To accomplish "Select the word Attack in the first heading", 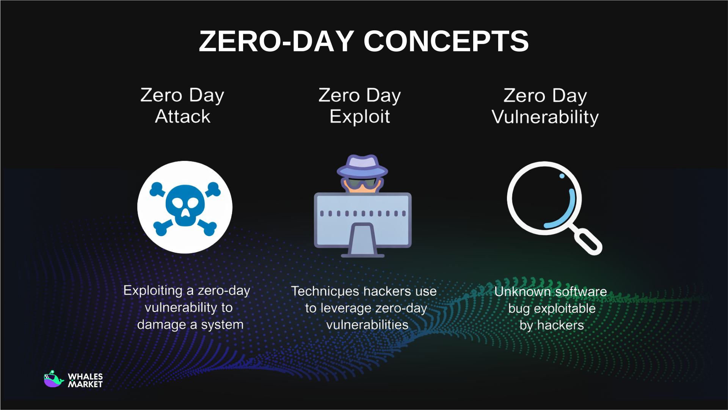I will point(182,116).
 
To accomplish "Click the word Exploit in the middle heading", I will point(359,116).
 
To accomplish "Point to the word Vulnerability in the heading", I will point(545,117).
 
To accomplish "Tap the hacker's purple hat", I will point(362,166).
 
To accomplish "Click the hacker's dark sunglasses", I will point(362,183).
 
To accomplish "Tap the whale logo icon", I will point(53,379).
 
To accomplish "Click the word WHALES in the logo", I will point(85,376).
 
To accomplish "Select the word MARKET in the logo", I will point(85,384).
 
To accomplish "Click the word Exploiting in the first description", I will point(153,291).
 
